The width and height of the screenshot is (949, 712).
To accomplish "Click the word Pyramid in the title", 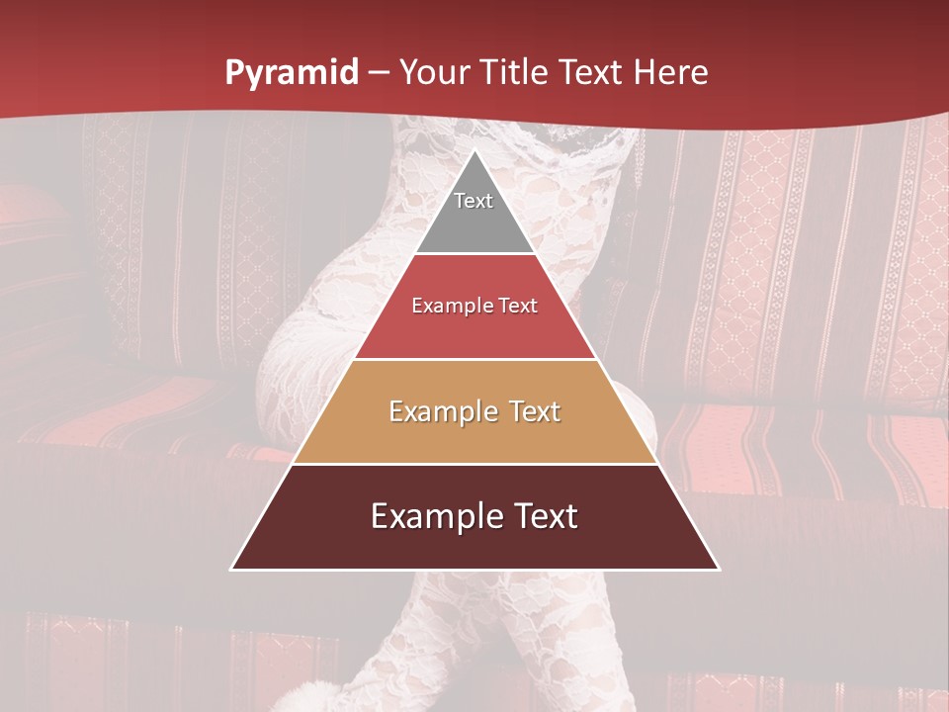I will pyautogui.click(x=291, y=74).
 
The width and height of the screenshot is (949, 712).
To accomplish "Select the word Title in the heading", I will pyautogui.click(x=514, y=73).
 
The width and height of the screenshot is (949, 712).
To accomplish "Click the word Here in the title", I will pyautogui.click(x=671, y=73).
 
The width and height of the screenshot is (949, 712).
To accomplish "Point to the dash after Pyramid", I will pyautogui.click(x=378, y=74).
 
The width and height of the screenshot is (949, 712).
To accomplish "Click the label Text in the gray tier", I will pyautogui.click(x=474, y=201).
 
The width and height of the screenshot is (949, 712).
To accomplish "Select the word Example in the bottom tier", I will pyautogui.click(x=429, y=516).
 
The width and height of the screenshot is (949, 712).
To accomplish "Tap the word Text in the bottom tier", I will pyautogui.click(x=542, y=516).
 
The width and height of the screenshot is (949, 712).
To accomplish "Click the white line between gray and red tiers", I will pyautogui.click(x=474, y=254).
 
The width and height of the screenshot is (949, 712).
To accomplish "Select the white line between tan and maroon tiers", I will pyautogui.click(x=474, y=464).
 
